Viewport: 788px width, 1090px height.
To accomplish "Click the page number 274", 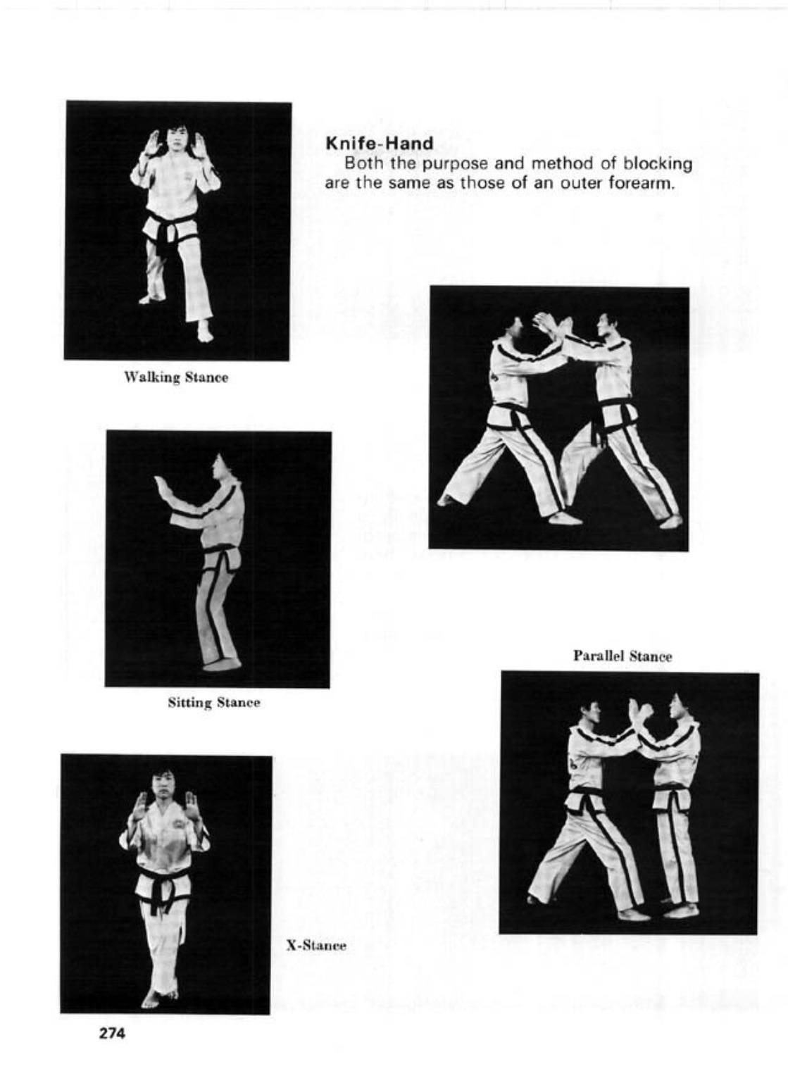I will click(x=112, y=1034).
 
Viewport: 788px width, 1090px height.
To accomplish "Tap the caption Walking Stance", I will click(x=176, y=377).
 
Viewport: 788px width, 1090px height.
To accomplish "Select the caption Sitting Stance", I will click(x=214, y=703).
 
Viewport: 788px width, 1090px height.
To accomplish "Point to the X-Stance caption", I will click(x=316, y=946).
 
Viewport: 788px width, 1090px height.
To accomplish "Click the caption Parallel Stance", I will click(x=623, y=656).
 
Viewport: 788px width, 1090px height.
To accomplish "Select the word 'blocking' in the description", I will click(x=661, y=164).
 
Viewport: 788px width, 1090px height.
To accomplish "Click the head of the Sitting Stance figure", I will click(x=227, y=468).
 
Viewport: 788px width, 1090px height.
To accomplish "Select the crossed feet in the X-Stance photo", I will click(x=160, y=996).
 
